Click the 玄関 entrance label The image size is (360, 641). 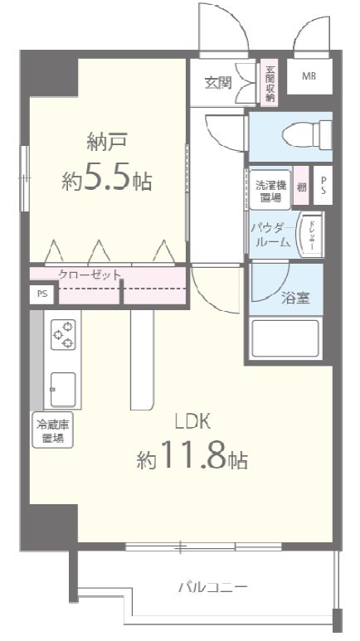click(218, 82)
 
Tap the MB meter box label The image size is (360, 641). click(309, 77)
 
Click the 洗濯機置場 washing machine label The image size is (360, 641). click(268, 191)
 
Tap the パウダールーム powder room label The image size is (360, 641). click(270, 235)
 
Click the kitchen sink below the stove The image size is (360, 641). click(63, 386)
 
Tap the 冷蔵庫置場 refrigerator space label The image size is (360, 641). click(51, 432)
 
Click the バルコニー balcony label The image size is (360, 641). click(212, 587)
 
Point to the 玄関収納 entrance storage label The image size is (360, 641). click(270, 84)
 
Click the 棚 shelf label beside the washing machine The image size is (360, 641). click(300, 189)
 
